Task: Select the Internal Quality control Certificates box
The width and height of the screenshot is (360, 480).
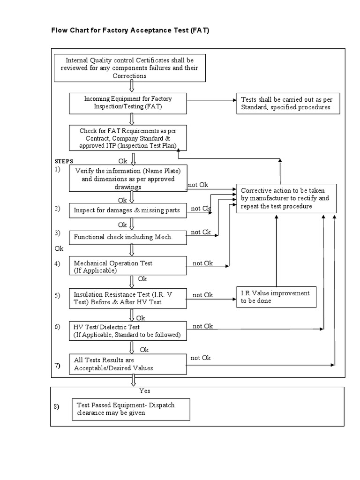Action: point(129,67)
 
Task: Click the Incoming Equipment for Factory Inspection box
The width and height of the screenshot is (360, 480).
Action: point(128,103)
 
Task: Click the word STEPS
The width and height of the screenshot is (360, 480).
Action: point(64,161)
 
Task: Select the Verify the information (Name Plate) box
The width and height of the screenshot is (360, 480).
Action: point(128,178)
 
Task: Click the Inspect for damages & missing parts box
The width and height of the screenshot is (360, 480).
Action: point(128,210)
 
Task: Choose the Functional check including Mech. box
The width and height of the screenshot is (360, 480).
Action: point(128,237)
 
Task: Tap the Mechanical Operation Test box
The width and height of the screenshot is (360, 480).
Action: point(128,266)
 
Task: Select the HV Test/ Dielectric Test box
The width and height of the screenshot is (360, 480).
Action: point(128,331)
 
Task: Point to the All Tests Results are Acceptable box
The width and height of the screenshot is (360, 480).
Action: point(128,364)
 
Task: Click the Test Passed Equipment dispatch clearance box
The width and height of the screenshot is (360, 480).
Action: point(131,409)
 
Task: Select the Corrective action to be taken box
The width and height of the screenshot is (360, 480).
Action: point(285,198)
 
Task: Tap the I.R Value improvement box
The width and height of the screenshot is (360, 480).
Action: point(275,297)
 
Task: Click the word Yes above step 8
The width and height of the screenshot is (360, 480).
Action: point(144,390)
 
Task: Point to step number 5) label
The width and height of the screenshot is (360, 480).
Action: point(58,295)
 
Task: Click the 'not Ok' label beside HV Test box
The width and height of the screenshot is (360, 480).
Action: point(202,326)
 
